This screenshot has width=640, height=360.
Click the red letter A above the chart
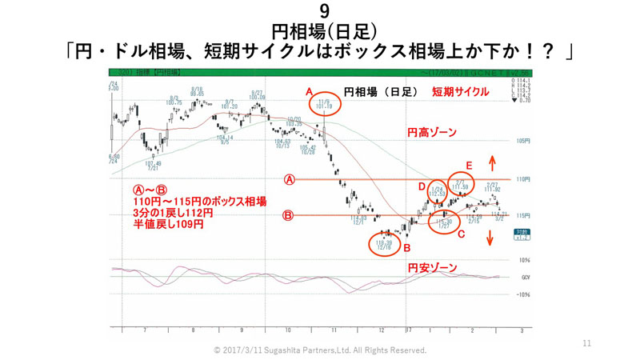coord(310,93)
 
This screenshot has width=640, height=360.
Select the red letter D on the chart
coord(421,186)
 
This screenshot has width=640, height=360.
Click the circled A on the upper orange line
coord(290,180)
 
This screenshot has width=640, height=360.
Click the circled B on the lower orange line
coord(290,215)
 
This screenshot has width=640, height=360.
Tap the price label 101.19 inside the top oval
coord(324,106)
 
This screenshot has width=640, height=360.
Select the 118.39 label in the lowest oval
coord(385,242)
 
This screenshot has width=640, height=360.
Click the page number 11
coord(586,343)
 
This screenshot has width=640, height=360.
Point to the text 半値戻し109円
coord(168,226)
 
